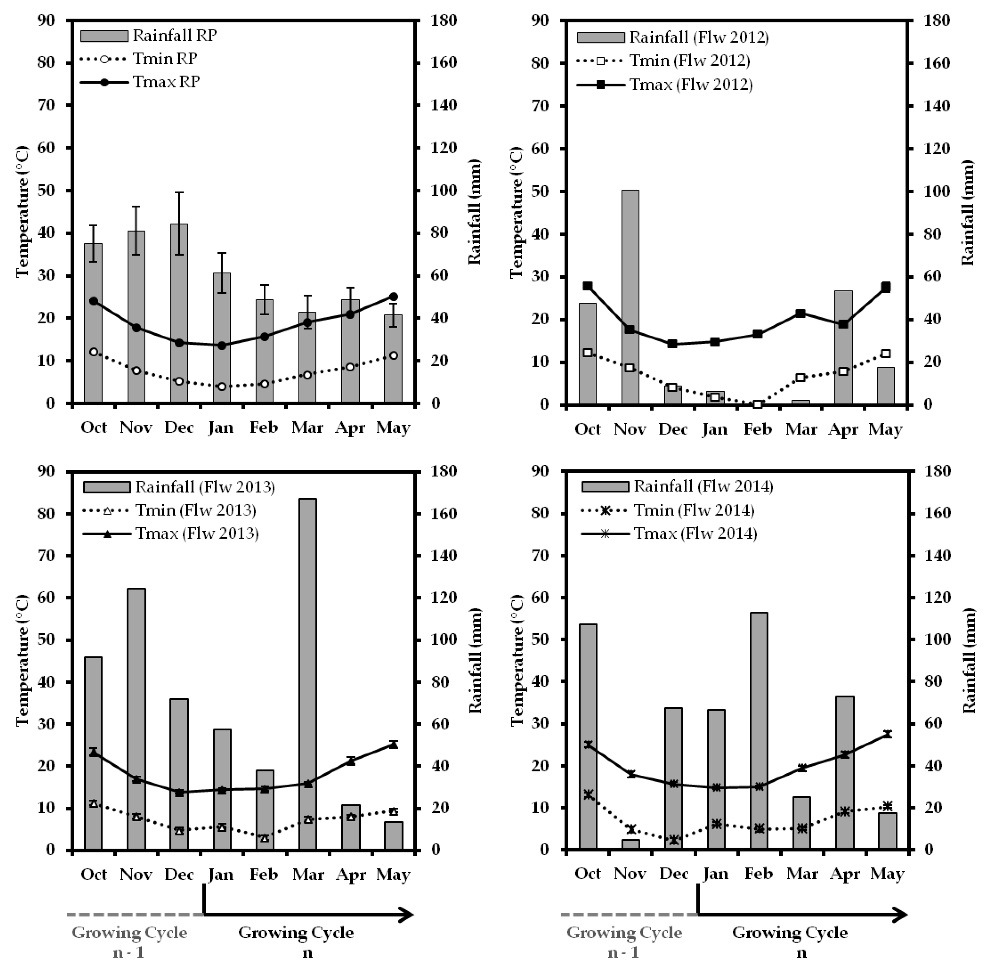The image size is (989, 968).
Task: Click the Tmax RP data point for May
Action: (393, 297)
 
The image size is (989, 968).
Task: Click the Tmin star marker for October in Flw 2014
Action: (588, 795)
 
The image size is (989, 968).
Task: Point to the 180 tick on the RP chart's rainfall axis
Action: (444, 20)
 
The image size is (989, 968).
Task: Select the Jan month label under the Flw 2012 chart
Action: (715, 430)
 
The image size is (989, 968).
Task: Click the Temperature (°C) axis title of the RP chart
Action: (23, 211)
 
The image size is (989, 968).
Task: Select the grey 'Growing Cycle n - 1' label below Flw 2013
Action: (130, 941)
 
